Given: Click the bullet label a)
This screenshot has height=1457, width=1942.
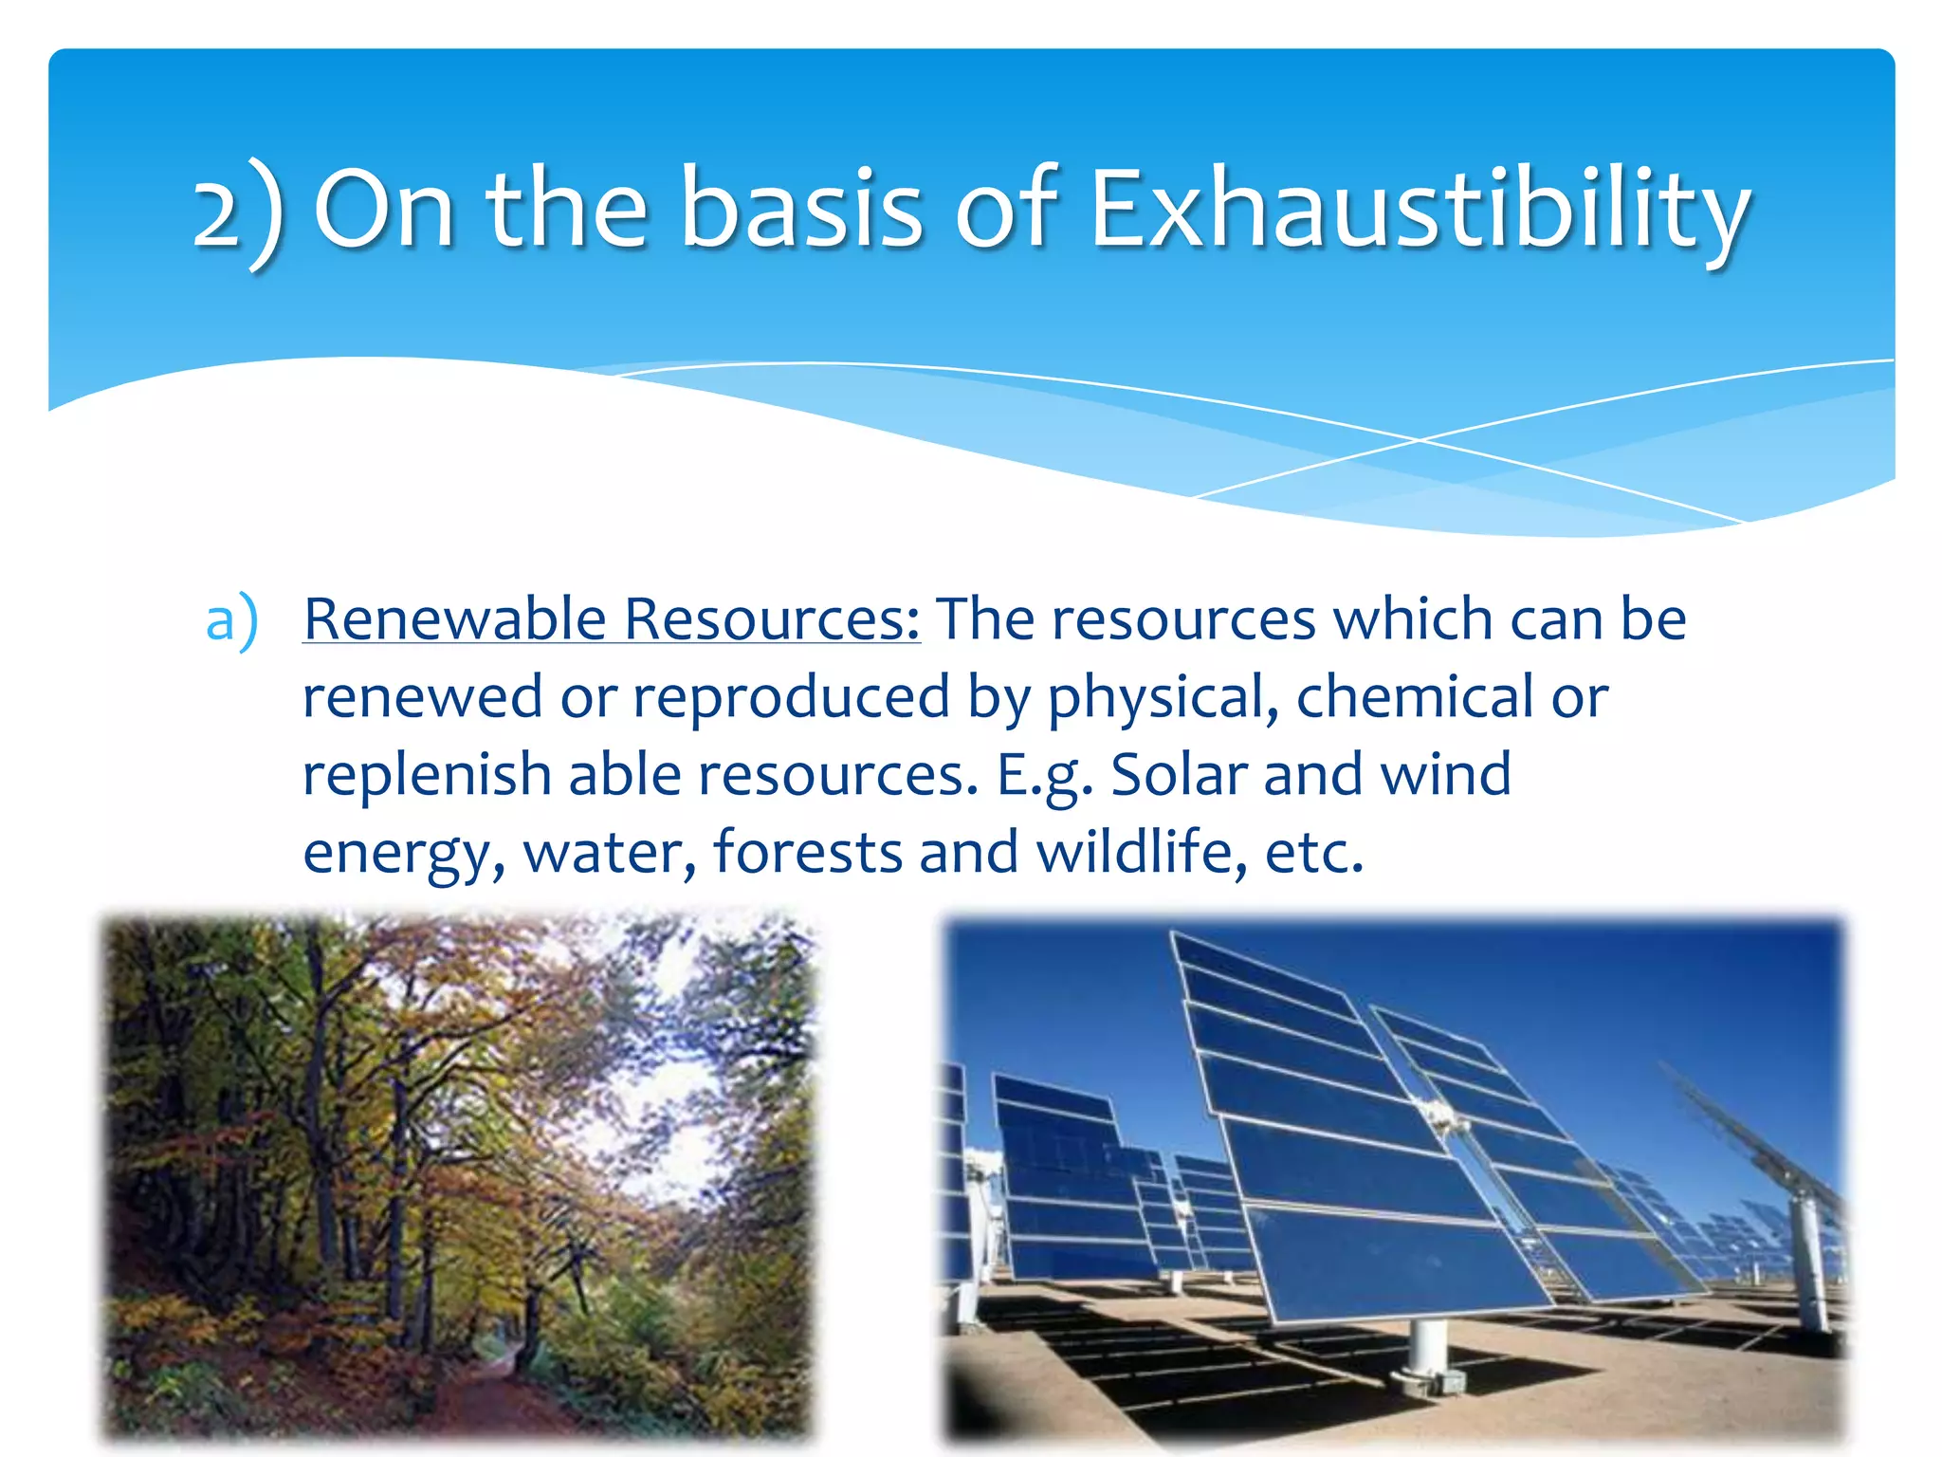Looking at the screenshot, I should [231, 621].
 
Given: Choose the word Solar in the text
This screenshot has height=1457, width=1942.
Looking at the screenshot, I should [1179, 775].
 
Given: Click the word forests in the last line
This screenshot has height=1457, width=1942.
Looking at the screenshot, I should [807, 852].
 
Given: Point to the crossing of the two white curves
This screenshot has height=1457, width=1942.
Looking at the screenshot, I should [1420, 440].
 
